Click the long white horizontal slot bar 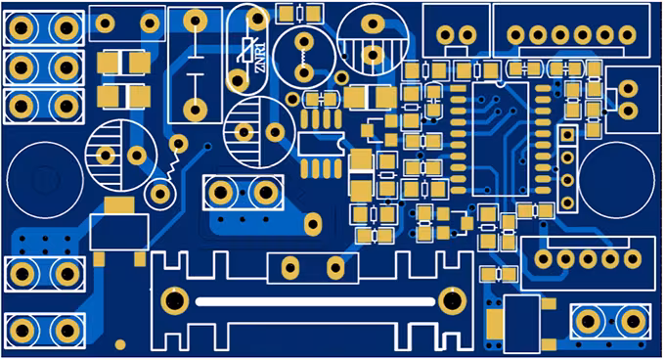coord(315,302)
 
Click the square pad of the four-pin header coord(567,135)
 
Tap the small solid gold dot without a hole coord(120,344)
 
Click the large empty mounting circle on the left coord(45,180)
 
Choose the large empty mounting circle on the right coord(617,180)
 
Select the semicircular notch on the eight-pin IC coord(340,145)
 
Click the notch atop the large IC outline coord(501,84)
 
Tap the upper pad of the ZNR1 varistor coord(257,18)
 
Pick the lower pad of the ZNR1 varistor coord(238,80)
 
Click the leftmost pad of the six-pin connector coord(515,35)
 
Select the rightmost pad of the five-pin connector coord(633,258)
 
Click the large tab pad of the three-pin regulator coord(119,205)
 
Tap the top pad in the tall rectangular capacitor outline coord(195,20)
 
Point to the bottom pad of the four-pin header coord(567,203)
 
